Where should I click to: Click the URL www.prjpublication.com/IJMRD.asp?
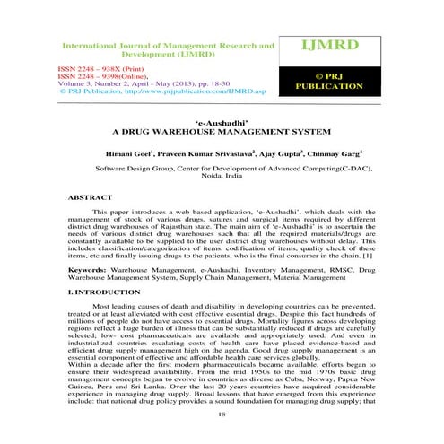tap(188, 91)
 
